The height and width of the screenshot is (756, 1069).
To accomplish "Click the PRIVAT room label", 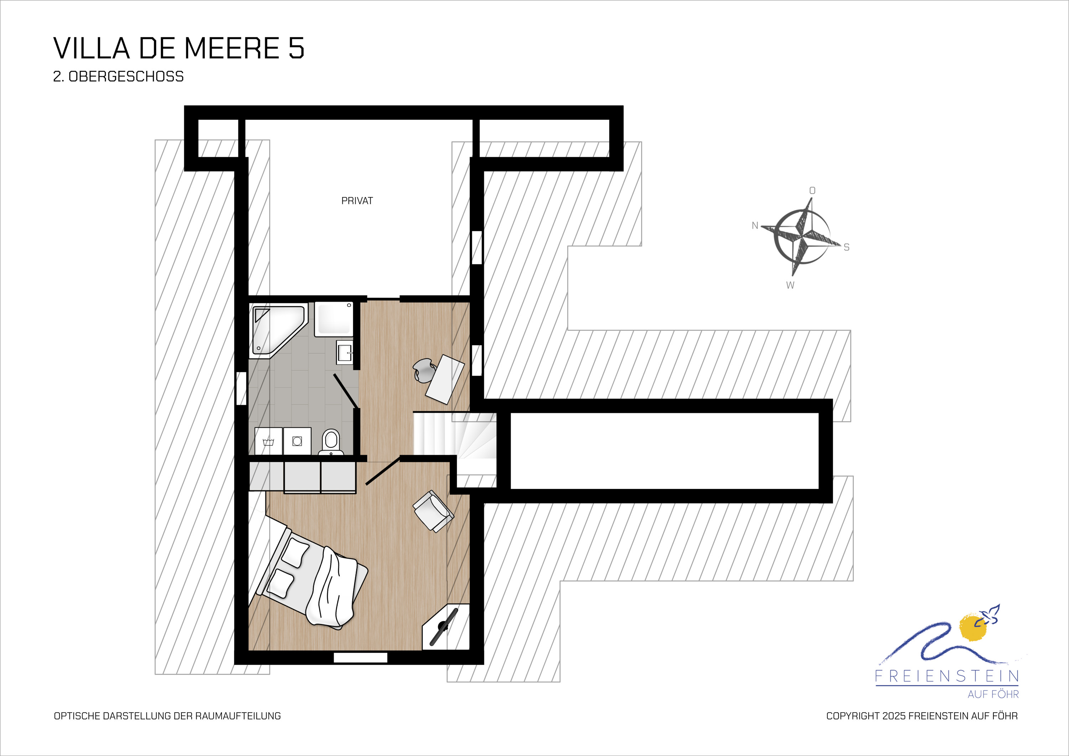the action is coord(357,201).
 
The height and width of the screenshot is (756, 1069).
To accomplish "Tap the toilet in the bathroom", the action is coord(331,442).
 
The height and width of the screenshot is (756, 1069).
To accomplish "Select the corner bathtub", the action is coord(278,330).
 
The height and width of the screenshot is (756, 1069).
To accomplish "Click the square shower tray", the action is coord(334,319).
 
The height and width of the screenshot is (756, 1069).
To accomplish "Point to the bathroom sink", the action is coord(345,352).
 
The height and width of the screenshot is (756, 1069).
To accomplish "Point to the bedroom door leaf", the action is coord(383,471).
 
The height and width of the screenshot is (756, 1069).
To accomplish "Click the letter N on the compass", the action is coord(755,226).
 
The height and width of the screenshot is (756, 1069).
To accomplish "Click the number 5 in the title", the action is coord(296,48).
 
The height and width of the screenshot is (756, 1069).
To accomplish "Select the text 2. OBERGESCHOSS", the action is coord(118,76).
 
